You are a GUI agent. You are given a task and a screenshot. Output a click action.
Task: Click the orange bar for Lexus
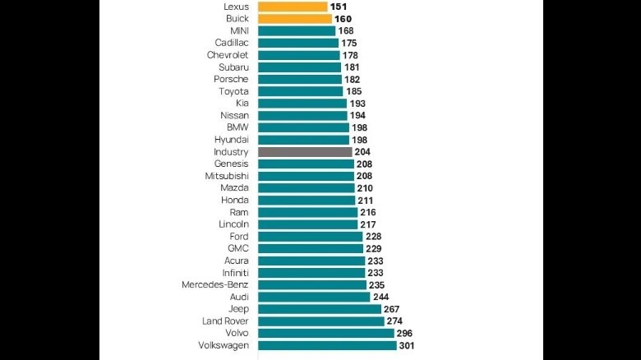pyautogui.click(x=293, y=7)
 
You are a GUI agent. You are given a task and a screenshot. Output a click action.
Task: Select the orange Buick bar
pyautogui.click(x=295, y=19)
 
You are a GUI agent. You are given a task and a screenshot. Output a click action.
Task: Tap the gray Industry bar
pyautogui.click(x=305, y=152)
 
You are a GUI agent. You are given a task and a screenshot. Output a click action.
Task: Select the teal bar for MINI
pyautogui.click(x=297, y=31)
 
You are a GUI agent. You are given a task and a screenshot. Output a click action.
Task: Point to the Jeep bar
pyautogui.click(x=320, y=309)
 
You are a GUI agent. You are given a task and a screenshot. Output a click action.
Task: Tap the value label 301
pyautogui.click(x=408, y=345)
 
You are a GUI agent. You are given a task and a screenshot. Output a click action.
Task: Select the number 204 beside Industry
pyautogui.click(x=364, y=152)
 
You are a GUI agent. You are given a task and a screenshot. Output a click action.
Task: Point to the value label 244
pyautogui.click(x=382, y=297)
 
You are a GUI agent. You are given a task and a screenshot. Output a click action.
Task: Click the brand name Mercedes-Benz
pyautogui.click(x=215, y=284)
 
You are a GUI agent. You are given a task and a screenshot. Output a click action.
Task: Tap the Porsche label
pyautogui.click(x=231, y=79)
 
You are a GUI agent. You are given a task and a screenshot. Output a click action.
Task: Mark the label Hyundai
pyautogui.click(x=231, y=140)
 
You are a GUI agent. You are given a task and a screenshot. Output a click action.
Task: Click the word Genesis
pyautogui.click(x=231, y=164)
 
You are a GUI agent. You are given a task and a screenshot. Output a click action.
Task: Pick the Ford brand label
pyautogui.click(x=238, y=236)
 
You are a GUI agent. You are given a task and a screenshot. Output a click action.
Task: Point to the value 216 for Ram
pyautogui.click(x=369, y=212)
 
